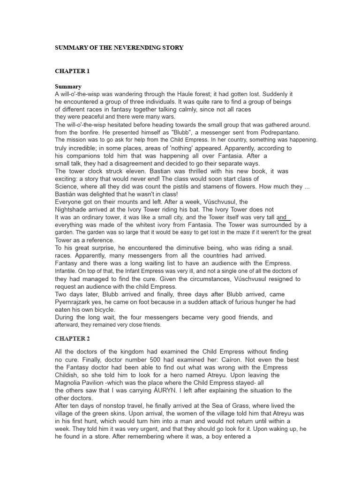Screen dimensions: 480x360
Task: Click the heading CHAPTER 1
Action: tap(72, 71)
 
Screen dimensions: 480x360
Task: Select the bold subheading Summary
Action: tap(68, 86)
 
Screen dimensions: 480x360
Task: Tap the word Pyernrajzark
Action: tap(76, 302)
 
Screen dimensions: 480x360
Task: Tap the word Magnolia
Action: tap(70, 382)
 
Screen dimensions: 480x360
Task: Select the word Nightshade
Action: tap(73, 209)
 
